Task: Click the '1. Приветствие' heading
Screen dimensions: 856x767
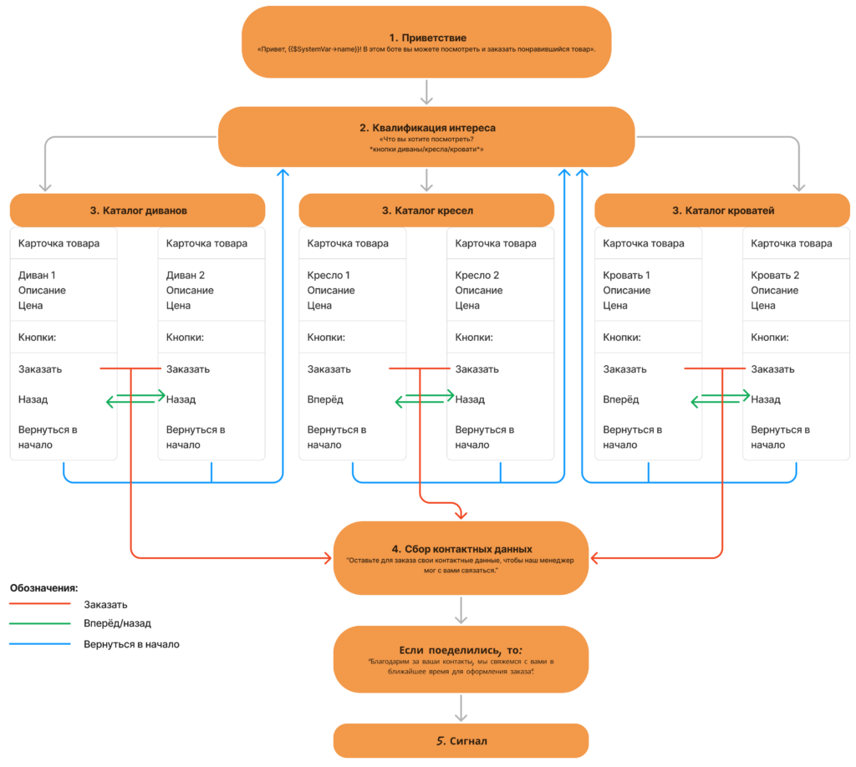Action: [x=427, y=38]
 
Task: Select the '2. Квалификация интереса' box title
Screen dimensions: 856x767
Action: [x=427, y=128]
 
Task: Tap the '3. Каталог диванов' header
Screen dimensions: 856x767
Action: [x=138, y=211]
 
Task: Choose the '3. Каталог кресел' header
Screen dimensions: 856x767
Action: [x=427, y=211]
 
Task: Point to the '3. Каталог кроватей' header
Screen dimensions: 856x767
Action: [x=723, y=211]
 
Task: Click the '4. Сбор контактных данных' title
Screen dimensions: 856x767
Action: [x=461, y=549]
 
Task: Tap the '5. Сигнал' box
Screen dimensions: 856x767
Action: [x=461, y=741]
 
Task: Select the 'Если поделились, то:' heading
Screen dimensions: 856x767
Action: [x=461, y=650]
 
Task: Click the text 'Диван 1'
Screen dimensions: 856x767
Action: [x=37, y=276]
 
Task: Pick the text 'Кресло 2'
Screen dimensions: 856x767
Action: [x=477, y=276]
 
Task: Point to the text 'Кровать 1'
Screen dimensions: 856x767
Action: [x=626, y=276]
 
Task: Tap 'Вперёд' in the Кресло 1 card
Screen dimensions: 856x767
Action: [x=325, y=399]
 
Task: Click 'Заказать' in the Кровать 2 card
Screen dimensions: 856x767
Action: [x=772, y=369]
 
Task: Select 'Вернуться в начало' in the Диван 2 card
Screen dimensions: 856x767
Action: [x=196, y=437]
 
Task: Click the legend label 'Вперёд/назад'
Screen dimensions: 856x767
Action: [x=117, y=623]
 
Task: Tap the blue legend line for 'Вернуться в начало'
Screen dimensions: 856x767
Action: [x=40, y=643]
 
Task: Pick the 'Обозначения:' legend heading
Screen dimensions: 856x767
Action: [x=43, y=588]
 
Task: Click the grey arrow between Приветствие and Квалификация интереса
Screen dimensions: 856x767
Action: [x=426, y=92]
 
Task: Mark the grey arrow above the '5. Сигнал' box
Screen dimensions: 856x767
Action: [x=461, y=708]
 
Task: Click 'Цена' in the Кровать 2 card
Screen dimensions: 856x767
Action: [x=762, y=306]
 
